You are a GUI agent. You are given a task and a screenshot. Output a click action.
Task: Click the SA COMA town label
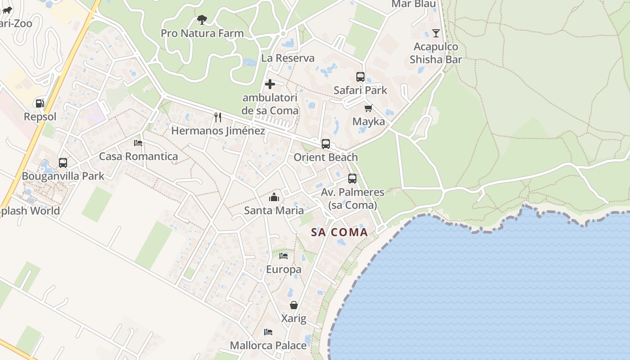click(x=340, y=233)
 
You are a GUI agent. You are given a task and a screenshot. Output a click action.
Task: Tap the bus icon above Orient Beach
click(x=325, y=144)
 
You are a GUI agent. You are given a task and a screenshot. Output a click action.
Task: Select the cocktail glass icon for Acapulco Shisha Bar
click(x=436, y=33)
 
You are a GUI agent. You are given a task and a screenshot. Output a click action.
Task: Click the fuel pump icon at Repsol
click(x=40, y=103)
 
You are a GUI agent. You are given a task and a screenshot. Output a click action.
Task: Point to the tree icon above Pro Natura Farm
click(x=202, y=20)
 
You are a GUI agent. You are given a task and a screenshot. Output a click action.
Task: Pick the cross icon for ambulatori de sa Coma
click(x=270, y=84)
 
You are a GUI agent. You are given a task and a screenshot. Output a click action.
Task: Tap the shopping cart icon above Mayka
click(x=369, y=108)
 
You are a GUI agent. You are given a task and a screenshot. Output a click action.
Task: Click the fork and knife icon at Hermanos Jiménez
click(x=218, y=117)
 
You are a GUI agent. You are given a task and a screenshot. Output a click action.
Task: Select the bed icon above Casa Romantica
click(x=138, y=143)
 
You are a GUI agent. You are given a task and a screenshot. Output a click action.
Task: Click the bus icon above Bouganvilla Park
click(x=63, y=162)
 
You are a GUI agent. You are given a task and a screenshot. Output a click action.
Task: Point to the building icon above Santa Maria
click(x=274, y=197)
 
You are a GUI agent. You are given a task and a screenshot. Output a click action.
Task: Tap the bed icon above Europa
click(x=283, y=256)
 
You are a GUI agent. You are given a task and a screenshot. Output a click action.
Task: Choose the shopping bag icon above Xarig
click(x=293, y=305)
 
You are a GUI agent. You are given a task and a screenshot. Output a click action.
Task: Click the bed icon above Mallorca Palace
click(x=268, y=332)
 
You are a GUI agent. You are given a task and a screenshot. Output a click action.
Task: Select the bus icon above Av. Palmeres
click(x=352, y=179)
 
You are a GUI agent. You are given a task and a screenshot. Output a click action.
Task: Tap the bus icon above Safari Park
click(x=360, y=77)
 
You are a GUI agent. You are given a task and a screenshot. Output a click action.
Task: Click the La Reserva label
click(x=288, y=58)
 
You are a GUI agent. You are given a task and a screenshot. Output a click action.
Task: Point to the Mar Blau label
click(x=413, y=4)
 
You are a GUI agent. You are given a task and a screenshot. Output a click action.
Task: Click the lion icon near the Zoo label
click(x=7, y=10)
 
